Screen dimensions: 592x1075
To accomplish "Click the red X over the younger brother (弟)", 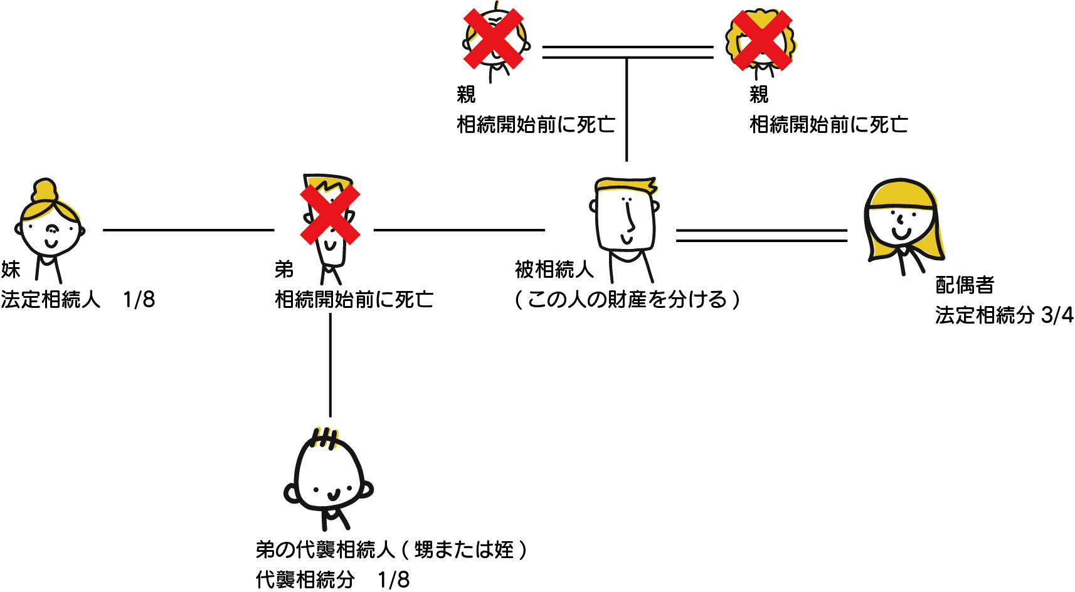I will click(x=330, y=214).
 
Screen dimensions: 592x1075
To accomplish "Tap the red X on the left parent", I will click(x=494, y=38).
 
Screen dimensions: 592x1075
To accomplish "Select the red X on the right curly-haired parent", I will click(x=763, y=40).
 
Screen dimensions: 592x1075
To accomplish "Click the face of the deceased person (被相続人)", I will click(x=626, y=219).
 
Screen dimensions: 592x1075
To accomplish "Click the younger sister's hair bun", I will click(x=45, y=190).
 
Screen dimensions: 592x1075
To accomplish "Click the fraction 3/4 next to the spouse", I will click(x=1057, y=315).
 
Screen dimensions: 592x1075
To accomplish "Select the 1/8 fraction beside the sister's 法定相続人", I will click(x=139, y=300).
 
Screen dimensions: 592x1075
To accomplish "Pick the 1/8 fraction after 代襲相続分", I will click(x=393, y=579).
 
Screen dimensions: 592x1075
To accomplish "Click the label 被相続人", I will click(x=554, y=270).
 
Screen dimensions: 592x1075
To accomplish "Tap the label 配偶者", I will click(x=965, y=285).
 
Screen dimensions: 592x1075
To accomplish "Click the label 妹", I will click(x=11, y=270).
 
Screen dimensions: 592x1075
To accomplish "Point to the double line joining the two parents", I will click(x=627, y=52).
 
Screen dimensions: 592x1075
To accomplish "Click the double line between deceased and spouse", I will click(x=761, y=235).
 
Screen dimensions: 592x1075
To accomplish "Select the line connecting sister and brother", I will click(x=188, y=230).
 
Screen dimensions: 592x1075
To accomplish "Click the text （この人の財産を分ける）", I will click(x=627, y=300).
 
